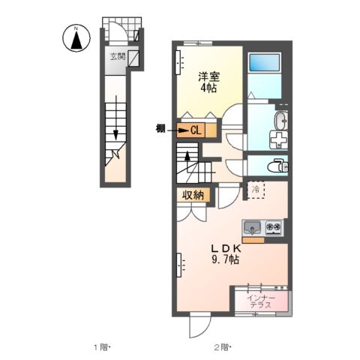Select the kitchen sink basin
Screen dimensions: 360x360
(x=251, y=226)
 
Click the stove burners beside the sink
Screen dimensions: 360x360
(x=272, y=226)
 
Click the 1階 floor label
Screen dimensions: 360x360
(x=102, y=346)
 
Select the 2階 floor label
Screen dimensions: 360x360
(x=222, y=346)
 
